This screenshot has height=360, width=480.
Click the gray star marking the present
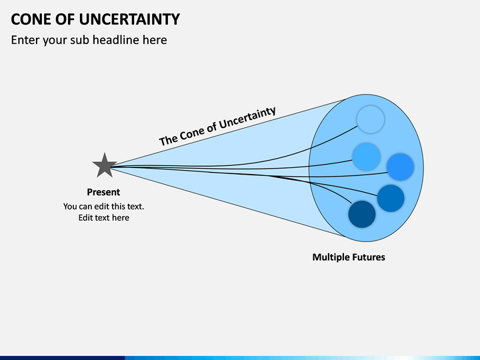105,165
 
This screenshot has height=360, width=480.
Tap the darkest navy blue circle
362,214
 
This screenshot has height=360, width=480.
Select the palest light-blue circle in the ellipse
371,119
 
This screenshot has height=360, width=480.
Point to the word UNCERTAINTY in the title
129,19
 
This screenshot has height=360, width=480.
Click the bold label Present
103,192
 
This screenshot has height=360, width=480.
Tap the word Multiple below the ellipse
329,257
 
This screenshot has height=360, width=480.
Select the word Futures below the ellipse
367,257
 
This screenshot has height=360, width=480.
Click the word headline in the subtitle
116,40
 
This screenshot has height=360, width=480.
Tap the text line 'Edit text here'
104,217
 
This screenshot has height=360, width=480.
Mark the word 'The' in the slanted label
167,140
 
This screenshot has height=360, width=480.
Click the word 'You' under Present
70,206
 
